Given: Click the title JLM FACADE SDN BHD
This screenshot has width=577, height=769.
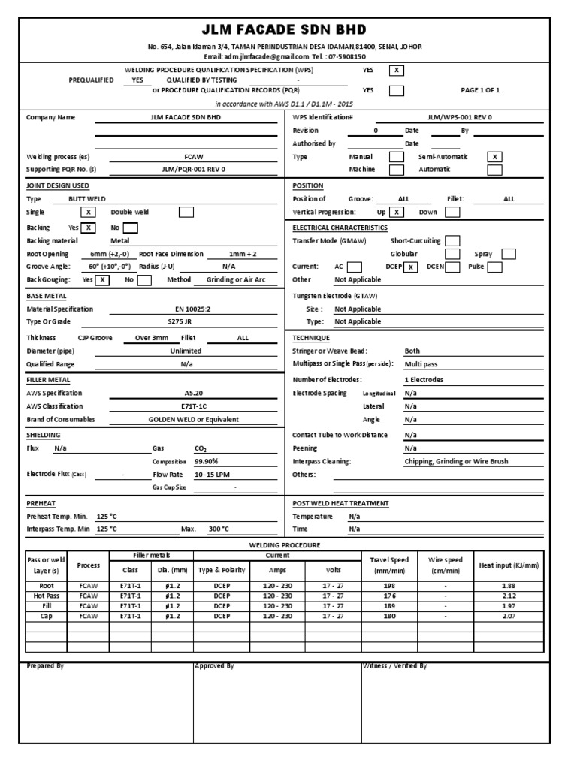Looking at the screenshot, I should pyautogui.click(x=284, y=30).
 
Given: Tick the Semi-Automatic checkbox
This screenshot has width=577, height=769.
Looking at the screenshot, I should pyautogui.click(x=494, y=157).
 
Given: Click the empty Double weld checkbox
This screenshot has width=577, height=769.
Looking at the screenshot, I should pyautogui.click(x=186, y=212).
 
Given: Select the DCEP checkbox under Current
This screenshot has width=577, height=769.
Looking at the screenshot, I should pyautogui.click(x=410, y=267).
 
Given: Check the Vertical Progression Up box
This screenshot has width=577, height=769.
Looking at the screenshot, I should pyautogui.click(x=397, y=213).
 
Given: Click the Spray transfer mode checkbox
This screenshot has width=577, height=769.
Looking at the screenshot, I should pyautogui.click(x=509, y=254).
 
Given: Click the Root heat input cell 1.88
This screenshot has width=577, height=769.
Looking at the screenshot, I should pyautogui.click(x=508, y=587).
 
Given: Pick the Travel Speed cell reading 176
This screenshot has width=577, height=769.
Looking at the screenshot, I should pyautogui.click(x=389, y=596).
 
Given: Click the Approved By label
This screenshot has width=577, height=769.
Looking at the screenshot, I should pyautogui.click(x=214, y=665).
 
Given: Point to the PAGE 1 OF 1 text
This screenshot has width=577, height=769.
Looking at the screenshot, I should pyautogui.click(x=480, y=90).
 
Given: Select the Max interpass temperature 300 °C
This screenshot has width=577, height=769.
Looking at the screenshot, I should pyautogui.click(x=219, y=529).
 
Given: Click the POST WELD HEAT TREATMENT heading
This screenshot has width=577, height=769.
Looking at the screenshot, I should pyautogui.click(x=340, y=503).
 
